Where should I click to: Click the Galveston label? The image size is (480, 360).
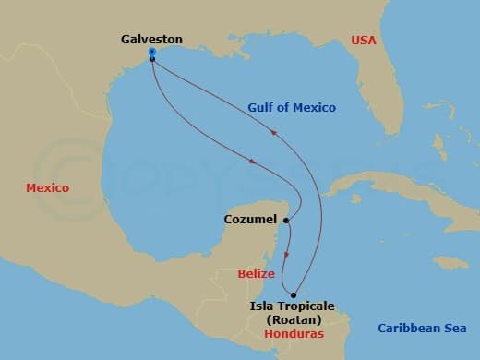click(151, 40)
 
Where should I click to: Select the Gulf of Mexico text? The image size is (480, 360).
click(291, 107)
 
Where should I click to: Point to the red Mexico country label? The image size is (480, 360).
click(47, 187)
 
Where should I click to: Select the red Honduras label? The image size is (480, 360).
click(293, 333)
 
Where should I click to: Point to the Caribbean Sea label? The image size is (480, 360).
click(423, 328)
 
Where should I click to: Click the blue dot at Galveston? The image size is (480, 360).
click(151, 52)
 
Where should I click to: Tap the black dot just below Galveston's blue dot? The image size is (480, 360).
click(151, 59)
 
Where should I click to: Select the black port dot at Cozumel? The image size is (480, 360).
click(287, 221)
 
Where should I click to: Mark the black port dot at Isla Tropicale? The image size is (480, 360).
click(294, 294)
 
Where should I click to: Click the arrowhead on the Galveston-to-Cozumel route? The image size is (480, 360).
click(250, 164)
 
